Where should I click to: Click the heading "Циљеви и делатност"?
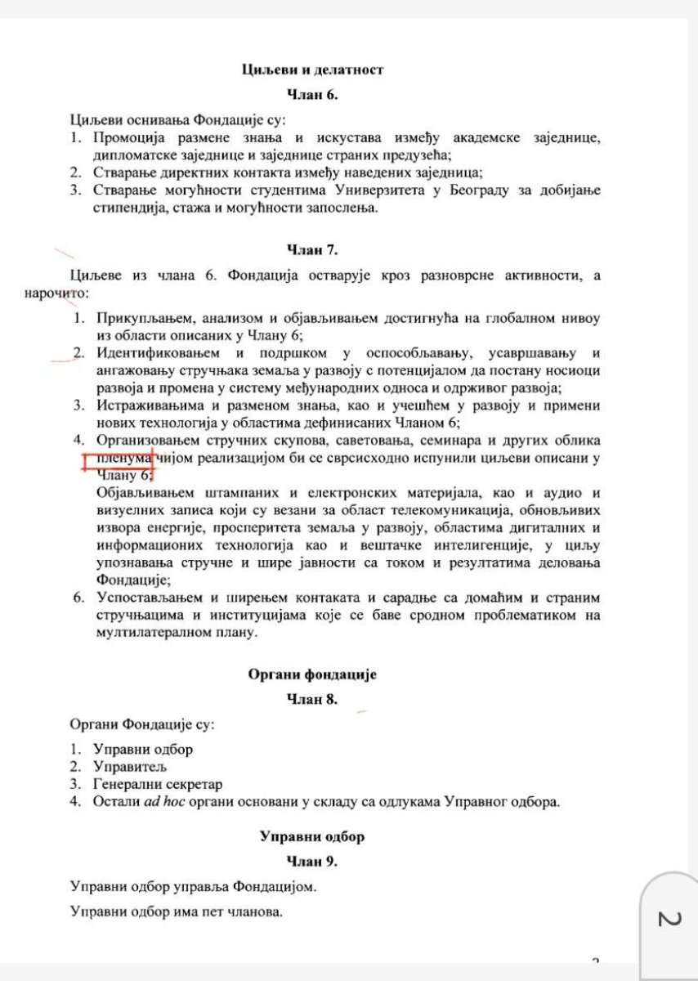pos(312,69)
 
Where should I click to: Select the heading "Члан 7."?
pos(312,249)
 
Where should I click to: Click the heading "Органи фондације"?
pos(312,675)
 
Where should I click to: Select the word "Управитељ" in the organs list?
pos(130,766)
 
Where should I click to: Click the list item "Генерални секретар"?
pos(157,784)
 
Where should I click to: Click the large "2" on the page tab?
pos(669,918)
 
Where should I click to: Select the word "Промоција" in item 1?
pos(132,137)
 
